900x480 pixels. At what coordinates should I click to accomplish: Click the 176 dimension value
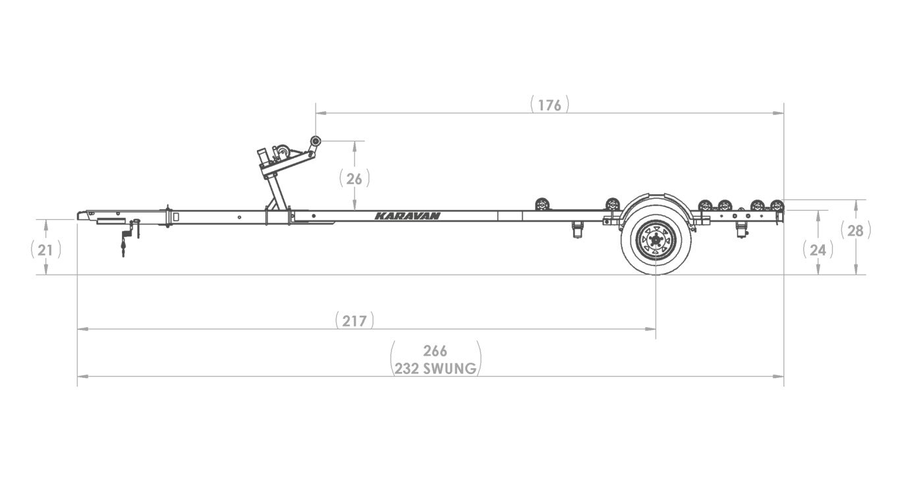[549, 105]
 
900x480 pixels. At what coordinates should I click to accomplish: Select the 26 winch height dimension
[354, 178]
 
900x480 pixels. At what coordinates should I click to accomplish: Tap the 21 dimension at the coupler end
[45, 250]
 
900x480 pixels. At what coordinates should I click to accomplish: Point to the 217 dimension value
[354, 321]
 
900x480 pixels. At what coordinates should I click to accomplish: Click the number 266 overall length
[436, 350]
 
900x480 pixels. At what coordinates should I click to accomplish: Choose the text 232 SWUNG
[436, 369]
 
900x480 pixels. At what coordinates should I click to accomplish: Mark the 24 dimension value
[818, 250]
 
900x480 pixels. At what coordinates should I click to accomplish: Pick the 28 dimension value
[855, 230]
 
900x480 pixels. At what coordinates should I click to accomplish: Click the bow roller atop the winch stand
[316, 141]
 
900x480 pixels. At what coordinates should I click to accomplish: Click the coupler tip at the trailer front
[81, 215]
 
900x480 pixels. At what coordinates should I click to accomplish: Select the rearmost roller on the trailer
[777, 204]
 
